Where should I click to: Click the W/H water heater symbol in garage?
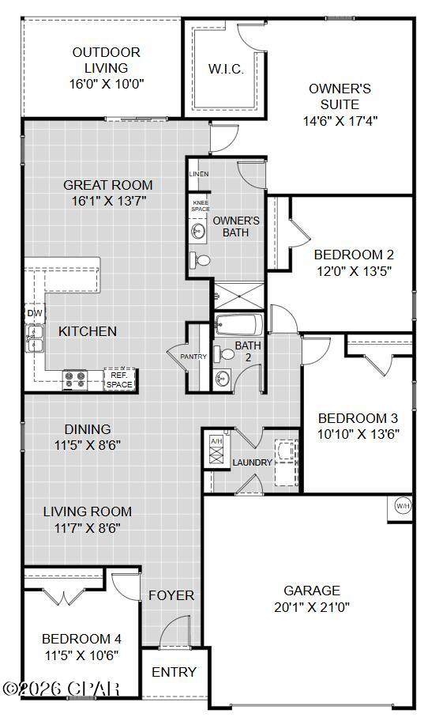[403, 506]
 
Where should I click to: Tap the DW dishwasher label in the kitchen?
[35, 314]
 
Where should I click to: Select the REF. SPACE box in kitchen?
[119, 379]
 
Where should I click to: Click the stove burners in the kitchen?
[75, 379]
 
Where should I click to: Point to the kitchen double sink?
[34, 338]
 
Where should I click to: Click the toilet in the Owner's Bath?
[200, 260]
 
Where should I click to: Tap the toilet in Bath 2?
[224, 354]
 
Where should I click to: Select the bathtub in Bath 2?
[238, 325]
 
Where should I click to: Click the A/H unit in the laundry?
[216, 451]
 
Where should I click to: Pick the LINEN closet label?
[199, 174]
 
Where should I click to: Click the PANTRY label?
[193, 357]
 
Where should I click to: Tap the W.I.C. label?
[226, 69]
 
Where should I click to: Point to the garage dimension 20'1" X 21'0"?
[312, 607]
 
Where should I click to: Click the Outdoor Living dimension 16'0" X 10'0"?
[107, 84]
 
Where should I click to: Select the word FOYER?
[171, 595]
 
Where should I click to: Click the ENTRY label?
[174, 672]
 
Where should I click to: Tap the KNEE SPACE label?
[201, 206]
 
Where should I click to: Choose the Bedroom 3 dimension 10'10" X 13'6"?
[358, 434]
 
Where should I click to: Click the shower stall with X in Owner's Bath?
[239, 296]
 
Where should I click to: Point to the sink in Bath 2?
[222, 379]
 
